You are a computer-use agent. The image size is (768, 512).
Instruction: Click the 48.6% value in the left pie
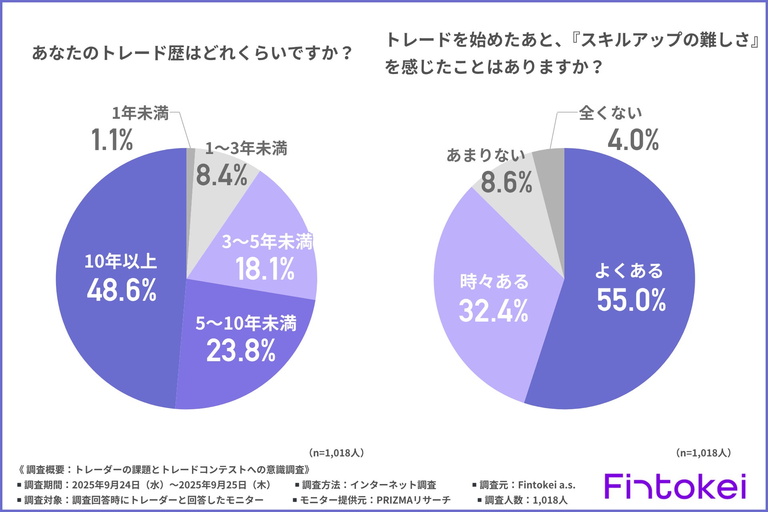pyautogui.click(x=122, y=290)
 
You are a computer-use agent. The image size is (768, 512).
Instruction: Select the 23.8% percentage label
pyautogui.click(x=241, y=351)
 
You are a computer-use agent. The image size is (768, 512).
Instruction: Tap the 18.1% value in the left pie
pyautogui.click(x=265, y=269)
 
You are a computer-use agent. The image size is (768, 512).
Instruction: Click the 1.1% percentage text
pyautogui.click(x=112, y=140)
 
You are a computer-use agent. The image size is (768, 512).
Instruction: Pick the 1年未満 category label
pyautogui.click(x=140, y=113)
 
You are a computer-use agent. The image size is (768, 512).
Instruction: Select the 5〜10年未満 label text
pyautogui.click(x=246, y=323)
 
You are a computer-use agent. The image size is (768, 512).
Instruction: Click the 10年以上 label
pyautogui.click(x=121, y=262)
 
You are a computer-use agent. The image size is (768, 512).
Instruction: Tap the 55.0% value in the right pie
pyautogui.click(x=631, y=300)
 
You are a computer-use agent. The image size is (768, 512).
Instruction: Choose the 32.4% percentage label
pyautogui.click(x=493, y=311)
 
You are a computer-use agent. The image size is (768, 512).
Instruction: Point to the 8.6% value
pyautogui.click(x=506, y=182)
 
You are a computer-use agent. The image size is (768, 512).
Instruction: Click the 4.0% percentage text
pyautogui.click(x=633, y=140)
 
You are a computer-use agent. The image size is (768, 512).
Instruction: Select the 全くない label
pyautogui.click(x=610, y=113)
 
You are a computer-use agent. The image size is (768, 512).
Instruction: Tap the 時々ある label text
pyautogui.click(x=494, y=282)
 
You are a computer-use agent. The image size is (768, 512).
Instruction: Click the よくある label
pyautogui.click(x=629, y=271)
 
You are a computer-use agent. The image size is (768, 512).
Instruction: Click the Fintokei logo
pyautogui.click(x=675, y=486)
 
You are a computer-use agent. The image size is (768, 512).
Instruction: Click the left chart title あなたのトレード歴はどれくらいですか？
pyautogui.click(x=192, y=53)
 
